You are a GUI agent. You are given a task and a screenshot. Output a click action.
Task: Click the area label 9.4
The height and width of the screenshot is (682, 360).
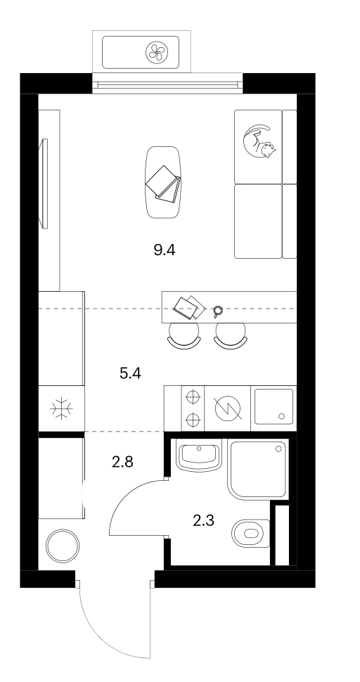tap(165, 250)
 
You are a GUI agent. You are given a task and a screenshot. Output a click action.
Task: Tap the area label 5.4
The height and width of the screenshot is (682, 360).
tap(131, 373)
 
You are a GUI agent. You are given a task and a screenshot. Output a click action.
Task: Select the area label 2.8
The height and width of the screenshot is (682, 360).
tap(122, 462)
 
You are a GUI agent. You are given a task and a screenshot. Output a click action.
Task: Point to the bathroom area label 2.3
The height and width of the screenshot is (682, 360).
tap(203, 520)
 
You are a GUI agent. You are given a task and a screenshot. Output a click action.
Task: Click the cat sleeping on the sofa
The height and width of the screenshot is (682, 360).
tap(259, 141)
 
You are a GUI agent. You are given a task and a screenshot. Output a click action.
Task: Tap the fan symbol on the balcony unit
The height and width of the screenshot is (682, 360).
tap(155, 52)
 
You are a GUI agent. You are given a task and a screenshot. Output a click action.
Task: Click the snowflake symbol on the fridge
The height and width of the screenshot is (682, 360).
tap(61, 409)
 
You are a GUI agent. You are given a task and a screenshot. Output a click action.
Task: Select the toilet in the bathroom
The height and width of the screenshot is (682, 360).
tap(251, 533)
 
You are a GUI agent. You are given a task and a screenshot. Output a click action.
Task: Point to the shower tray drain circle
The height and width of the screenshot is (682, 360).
tap(278, 449)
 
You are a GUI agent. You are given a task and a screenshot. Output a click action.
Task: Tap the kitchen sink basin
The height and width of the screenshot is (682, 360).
tap(274, 406)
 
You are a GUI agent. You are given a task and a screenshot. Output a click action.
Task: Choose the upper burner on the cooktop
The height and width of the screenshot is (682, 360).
tap(193, 397)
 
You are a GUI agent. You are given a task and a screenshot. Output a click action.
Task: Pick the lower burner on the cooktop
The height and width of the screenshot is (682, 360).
tap(193, 420)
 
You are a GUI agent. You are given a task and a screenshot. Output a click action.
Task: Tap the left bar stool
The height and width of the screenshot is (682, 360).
tap(184, 336)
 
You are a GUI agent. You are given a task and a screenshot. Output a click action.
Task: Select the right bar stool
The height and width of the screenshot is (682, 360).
tap(231, 336)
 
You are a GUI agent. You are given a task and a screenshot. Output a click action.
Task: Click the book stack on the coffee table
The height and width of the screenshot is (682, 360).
tap(164, 184)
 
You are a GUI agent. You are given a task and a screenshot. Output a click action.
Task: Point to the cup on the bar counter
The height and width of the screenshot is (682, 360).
tap(217, 311)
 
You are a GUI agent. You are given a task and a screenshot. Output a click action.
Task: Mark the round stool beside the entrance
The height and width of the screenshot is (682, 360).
tap(63, 546)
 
